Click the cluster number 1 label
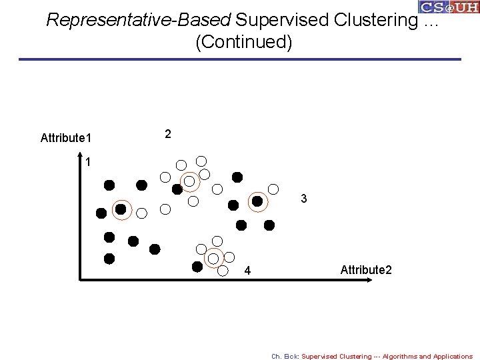(x=88, y=161)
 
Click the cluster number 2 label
(x=168, y=134)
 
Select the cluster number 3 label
(x=303, y=199)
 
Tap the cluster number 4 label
(x=247, y=271)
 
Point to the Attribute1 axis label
(x=66, y=138)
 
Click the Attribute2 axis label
(x=366, y=270)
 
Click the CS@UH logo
(x=448, y=7)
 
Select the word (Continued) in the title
(x=243, y=42)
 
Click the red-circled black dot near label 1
(x=121, y=209)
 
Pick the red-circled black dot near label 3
(x=257, y=200)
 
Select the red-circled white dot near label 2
(x=190, y=181)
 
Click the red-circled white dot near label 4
(x=213, y=257)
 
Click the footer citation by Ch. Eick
(x=371, y=356)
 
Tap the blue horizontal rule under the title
(x=240, y=59)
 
